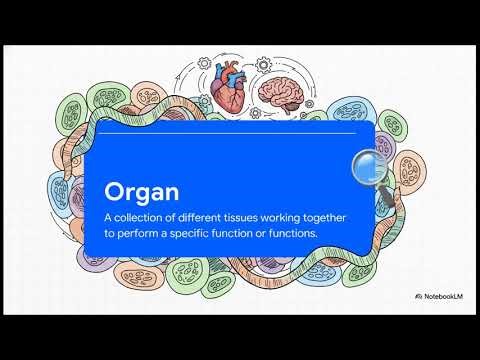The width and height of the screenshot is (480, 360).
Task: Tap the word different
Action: coord(211,217)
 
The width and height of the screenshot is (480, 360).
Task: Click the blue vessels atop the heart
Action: coord(229,70)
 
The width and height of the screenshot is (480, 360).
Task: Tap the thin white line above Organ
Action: coord(230,132)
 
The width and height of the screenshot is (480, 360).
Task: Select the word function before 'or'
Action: coord(245,234)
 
